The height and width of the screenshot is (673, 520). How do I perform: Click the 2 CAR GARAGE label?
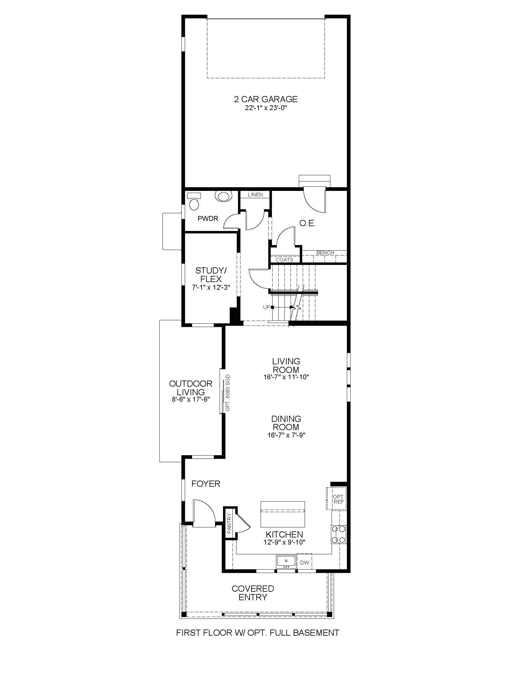pyautogui.click(x=266, y=99)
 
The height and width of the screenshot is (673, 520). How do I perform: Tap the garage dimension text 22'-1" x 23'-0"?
pyautogui.click(x=266, y=108)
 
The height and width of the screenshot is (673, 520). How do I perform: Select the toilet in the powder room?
pyautogui.click(x=194, y=202)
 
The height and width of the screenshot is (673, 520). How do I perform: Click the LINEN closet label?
pyautogui.click(x=255, y=195)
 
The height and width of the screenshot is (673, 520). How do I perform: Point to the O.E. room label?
pyautogui.click(x=307, y=224)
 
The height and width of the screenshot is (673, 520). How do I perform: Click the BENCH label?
pyautogui.click(x=325, y=253)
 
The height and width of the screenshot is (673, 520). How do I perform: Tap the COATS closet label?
pyautogui.click(x=284, y=260)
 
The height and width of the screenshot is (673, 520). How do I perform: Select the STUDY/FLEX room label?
pyautogui.click(x=211, y=275)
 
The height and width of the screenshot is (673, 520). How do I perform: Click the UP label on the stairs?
pyautogui.click(x=266, y=307)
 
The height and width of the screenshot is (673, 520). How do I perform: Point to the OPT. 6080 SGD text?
pyautogui.click(x=228, y=393)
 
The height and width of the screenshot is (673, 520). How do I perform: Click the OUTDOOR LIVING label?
pyautogui.click(x=191, y=388)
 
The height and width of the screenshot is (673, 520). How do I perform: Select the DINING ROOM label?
pyautogui.click(x=286, y=423)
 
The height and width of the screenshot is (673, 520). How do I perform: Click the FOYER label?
pyautogui.click(x=206, y=484)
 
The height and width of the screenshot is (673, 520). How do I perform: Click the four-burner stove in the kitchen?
pyautogui.click(x=339, y=535)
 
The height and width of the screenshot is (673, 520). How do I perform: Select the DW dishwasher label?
pyautogui.click(x=304, y=563)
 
